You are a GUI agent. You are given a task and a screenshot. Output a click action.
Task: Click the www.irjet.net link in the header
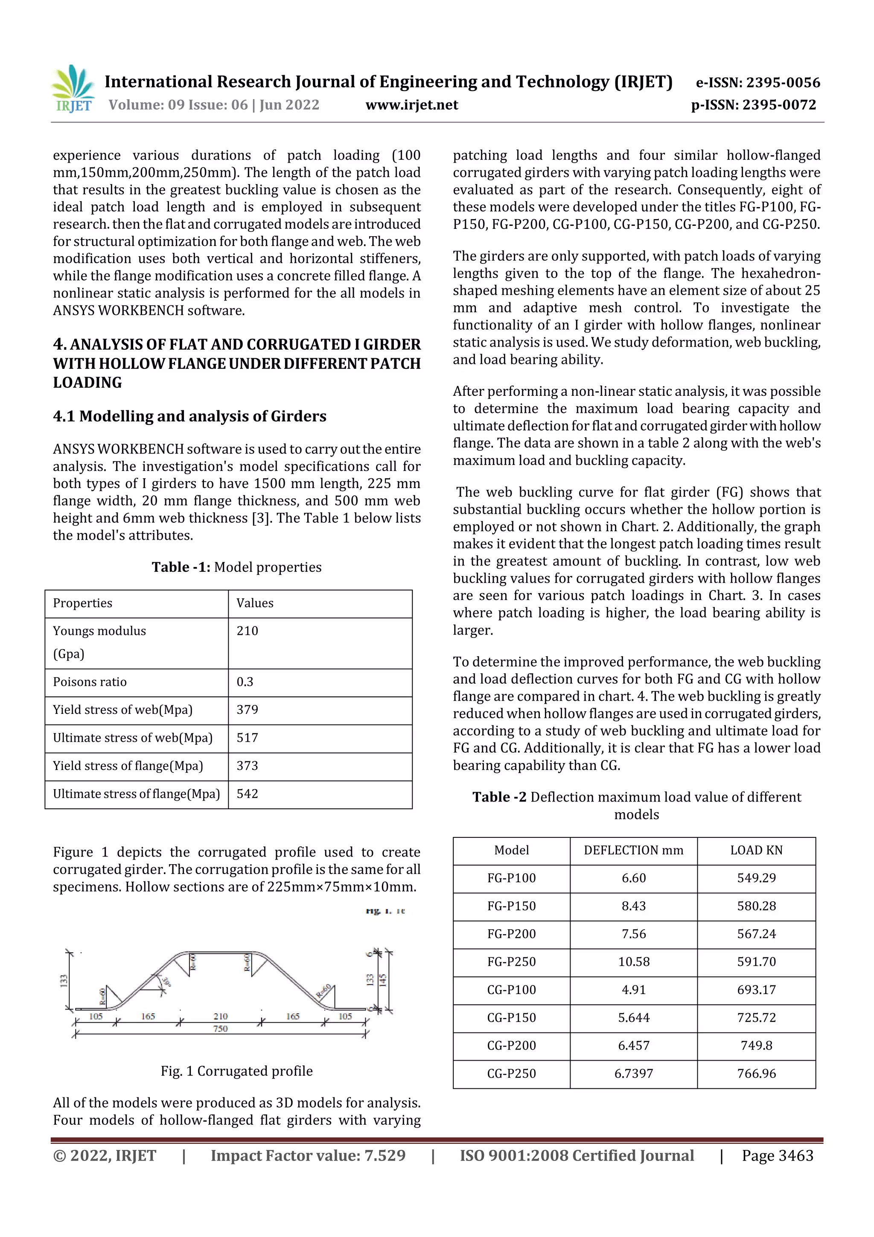411,105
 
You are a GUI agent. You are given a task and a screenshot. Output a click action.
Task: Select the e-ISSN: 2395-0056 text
757,82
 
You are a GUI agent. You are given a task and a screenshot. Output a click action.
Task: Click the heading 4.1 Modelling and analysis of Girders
189,416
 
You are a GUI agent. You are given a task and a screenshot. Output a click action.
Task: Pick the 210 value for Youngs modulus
247,631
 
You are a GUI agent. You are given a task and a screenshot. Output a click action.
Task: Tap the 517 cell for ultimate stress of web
247,738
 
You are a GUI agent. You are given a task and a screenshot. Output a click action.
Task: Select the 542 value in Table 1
247,794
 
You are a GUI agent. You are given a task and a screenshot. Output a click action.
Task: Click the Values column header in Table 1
255,603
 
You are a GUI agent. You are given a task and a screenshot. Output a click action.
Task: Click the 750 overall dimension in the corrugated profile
220,1029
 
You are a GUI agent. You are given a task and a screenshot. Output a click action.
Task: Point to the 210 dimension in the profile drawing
220,1016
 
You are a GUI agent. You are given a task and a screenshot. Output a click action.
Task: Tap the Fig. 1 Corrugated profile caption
236,1071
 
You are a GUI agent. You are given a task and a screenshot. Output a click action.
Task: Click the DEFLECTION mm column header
633,850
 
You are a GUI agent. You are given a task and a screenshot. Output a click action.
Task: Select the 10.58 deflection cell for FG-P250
633,962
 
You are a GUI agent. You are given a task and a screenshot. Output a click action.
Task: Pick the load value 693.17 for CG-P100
756,990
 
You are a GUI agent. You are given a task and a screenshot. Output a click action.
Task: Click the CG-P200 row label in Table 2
511,1046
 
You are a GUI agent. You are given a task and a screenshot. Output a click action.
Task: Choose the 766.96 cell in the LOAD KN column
756,1074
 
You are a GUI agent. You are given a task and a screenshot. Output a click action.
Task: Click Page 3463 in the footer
777,1155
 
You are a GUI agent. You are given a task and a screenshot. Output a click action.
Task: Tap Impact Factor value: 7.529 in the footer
308,1155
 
